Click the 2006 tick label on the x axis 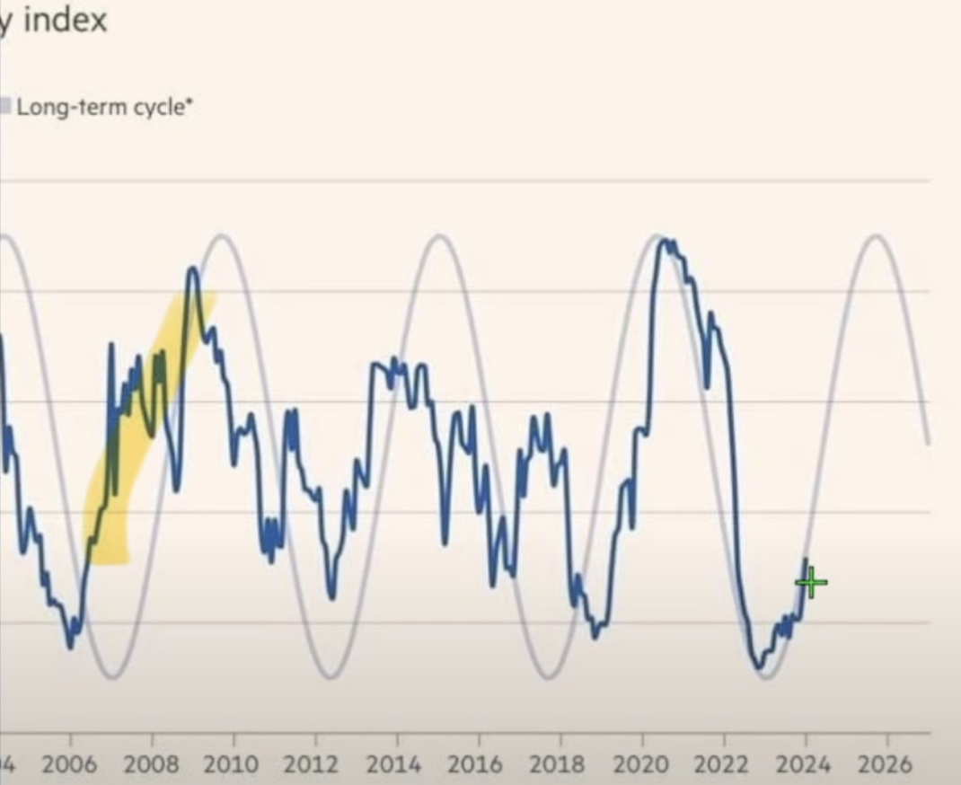[69, 764]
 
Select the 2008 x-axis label [151, 764]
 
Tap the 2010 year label [234, 764]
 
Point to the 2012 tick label [314, 764]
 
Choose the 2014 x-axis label [396, 764]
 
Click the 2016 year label [478, 764]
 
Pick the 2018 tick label [560, 764]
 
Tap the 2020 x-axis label [641, 764]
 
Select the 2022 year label [723, 764]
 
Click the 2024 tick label [805, 764]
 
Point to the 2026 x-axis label [886, 764]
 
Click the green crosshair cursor [811, 583]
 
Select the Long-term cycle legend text [105, 107]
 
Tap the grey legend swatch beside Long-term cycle [5, 107]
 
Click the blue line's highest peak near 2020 [663, 241]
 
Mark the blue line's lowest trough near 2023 [758, 666]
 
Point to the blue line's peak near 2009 [192, 269]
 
